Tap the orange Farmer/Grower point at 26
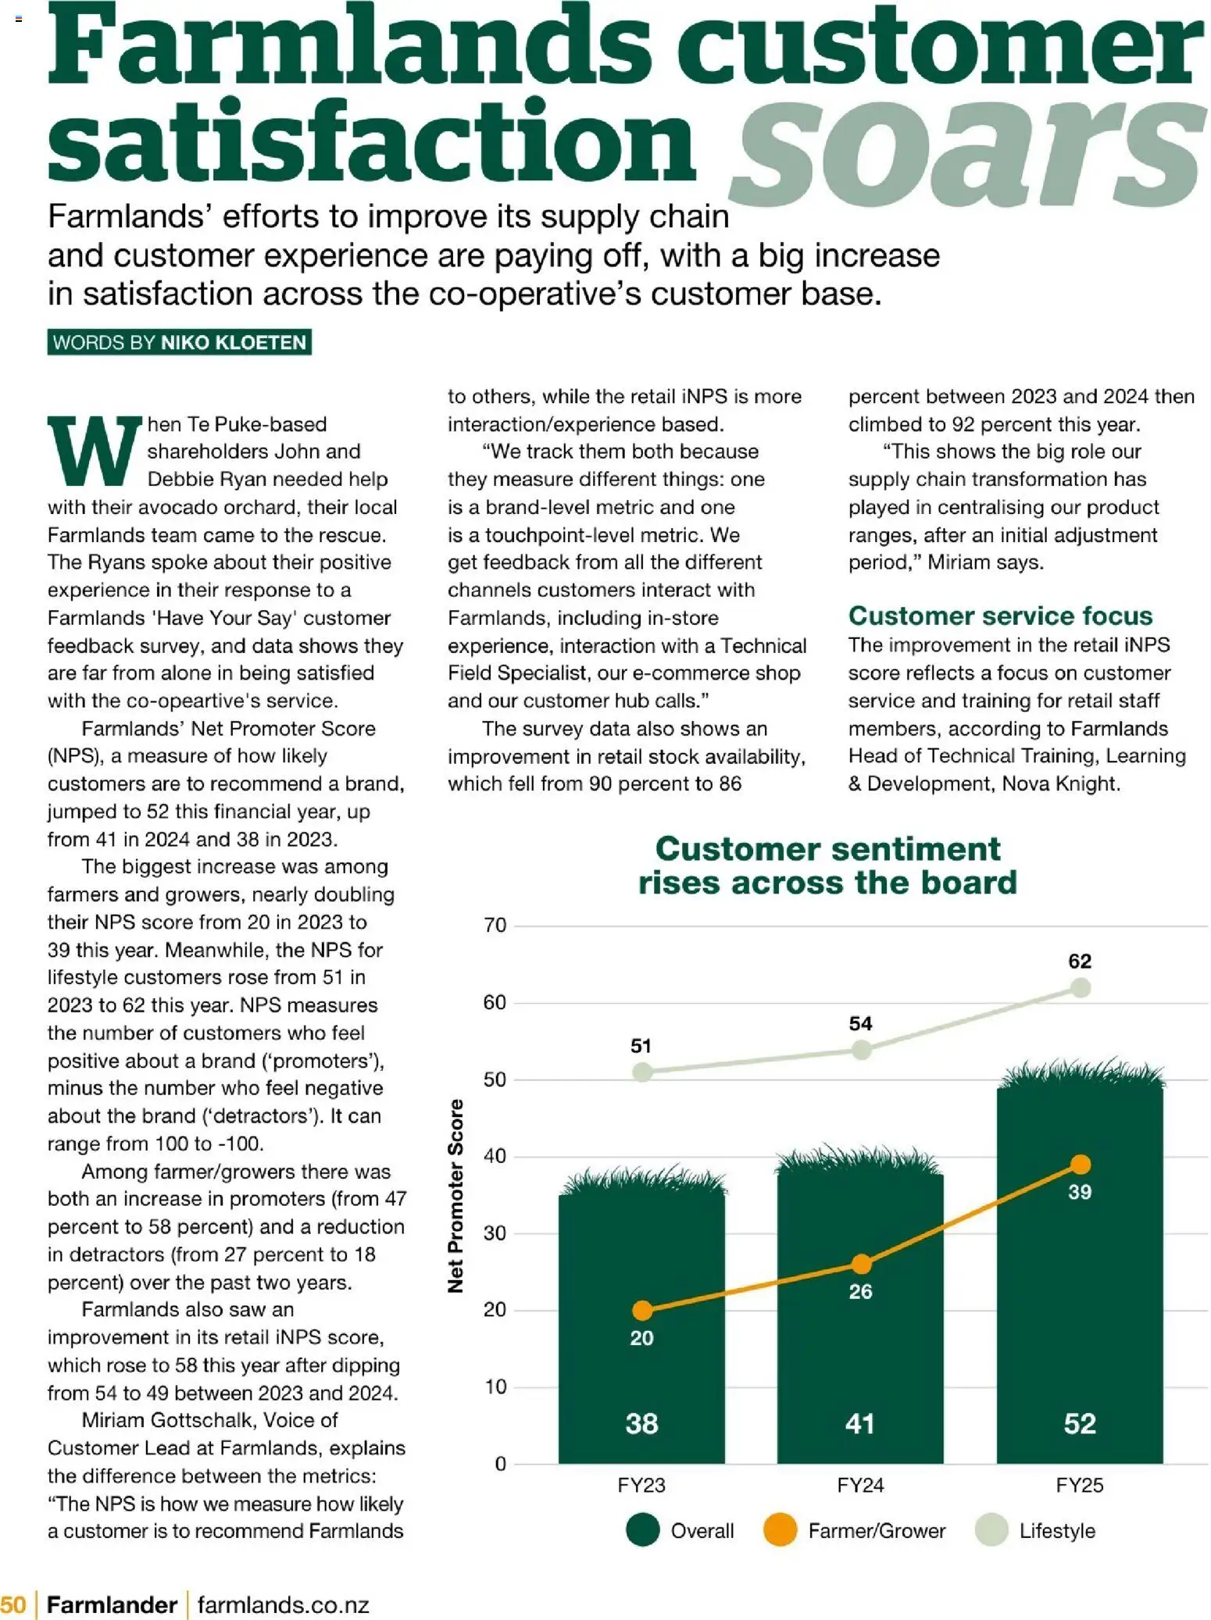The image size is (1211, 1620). click(x=861, y=1264)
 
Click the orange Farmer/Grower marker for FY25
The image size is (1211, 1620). click(x=1081, y=1165)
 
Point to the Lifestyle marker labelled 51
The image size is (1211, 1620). click(x=641, y=1072)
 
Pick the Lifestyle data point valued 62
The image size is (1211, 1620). click(x=1081, y=988)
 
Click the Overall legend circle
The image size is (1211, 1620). click(x=643, y=1530)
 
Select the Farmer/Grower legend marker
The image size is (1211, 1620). click(x=780, y=1530)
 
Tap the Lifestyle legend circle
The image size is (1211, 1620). click(x=991, y=1530)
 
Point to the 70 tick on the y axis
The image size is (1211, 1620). click(x=495, y=926)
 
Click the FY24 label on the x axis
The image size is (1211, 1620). click(x=860, y=1485)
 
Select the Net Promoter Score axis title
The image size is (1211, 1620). click(x=455, y=1195)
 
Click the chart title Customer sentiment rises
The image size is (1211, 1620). click(x=827, y=865)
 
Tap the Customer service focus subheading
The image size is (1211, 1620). click(x=1000, y=616)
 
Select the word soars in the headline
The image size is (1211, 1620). click(x=965, y=148)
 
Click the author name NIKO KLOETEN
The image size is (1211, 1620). click(x=233, y=342)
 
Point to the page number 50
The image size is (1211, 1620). click(x=13, y=1604)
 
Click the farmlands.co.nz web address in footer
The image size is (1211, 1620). click(x=283, y=1604)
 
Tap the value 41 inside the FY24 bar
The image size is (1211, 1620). click(x=860, y=1423)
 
